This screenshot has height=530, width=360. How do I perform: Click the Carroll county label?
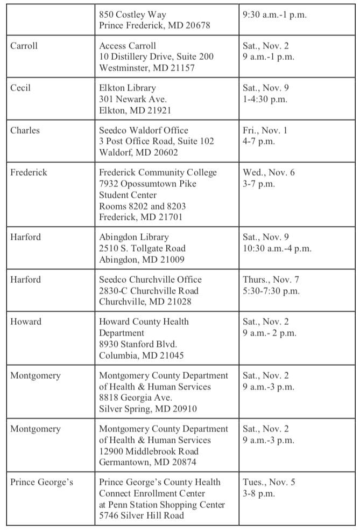[x=24, y=46]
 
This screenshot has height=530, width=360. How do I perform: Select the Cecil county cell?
[x=20, y=88]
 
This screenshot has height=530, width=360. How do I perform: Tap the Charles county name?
[x=25, y=130]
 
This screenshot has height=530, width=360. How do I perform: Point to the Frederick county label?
[x=29, y=172]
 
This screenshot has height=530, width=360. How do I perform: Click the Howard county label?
[x=26, y=322]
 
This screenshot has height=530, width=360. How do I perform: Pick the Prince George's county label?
[x=41, y=482]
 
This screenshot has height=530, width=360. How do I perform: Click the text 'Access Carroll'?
[x=128, y=46]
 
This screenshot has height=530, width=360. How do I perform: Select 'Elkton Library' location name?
[x=128, y=88]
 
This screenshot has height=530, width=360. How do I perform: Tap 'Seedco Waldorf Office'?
[x=144, y=130]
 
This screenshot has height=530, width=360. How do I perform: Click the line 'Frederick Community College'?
[x=158, y=172]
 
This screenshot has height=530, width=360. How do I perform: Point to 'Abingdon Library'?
[x=134, y=237]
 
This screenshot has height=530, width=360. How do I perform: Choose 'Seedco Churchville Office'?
[x=150, y=280]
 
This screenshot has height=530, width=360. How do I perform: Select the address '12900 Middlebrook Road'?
[x=149, y=451]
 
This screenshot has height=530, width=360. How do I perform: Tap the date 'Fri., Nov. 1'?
[x=265, y=130]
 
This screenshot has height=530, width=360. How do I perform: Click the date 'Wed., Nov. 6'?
[x=269, y=172]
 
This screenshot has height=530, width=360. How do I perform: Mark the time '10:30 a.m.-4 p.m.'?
[x=277, y=248]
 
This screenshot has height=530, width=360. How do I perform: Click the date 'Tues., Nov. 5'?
[x=269, y=482]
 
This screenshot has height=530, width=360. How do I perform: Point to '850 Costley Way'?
[x=132, y=15]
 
